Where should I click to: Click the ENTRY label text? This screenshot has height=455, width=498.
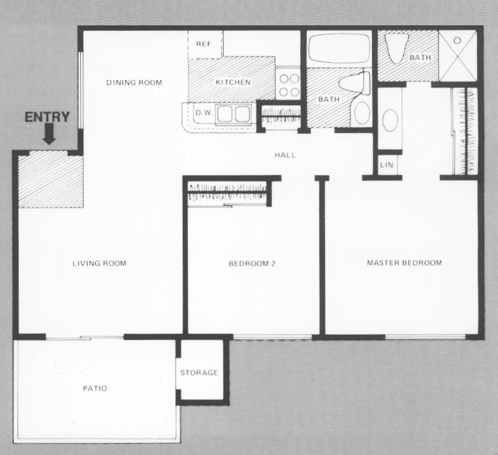click(47, 117)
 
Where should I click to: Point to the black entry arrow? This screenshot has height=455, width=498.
click(49, 136)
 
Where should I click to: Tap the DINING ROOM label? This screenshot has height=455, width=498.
click(134, 83)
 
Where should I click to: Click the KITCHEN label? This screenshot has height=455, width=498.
click(233, 83)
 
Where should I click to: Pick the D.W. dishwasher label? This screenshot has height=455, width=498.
click(202, 112)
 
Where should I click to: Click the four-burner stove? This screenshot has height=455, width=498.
click(289, 85)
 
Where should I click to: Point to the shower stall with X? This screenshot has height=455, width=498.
click(458, 54)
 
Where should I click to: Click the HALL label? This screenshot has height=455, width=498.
click(285, 155)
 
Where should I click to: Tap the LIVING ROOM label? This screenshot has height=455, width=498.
click(99, 263)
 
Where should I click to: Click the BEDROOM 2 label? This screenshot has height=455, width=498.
click(252, 263)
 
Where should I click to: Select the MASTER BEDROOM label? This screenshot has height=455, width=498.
click(405, 263)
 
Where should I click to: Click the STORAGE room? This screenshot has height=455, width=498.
click(200, 372)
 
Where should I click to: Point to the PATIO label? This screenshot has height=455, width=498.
click(95, 389)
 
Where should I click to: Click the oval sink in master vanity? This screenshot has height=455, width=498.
click(389, 120)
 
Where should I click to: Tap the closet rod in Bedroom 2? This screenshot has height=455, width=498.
click(227, 195)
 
